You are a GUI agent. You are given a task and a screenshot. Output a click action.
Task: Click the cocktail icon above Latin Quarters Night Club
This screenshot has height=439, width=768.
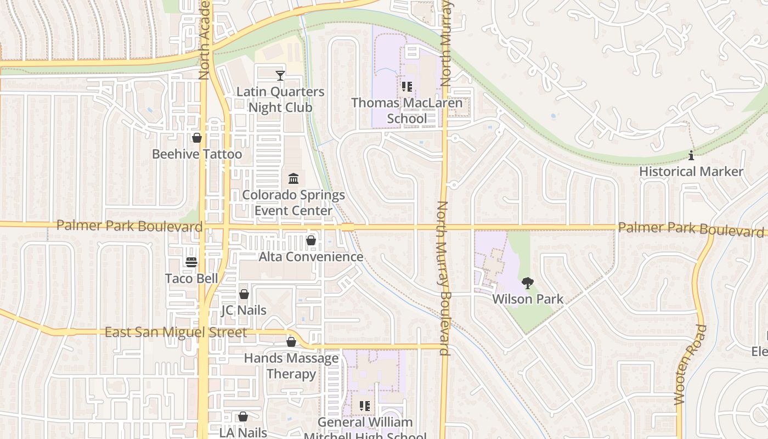coord(280,75)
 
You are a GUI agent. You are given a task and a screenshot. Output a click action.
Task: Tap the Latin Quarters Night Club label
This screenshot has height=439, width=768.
coord(280,100)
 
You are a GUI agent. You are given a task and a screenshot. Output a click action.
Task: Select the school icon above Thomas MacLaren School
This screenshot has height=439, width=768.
coord(406,86)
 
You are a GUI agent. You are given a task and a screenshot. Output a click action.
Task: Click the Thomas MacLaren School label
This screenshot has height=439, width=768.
coord(406,111)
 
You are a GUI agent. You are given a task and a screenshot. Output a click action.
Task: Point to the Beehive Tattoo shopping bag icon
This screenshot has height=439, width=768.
coord(196,138)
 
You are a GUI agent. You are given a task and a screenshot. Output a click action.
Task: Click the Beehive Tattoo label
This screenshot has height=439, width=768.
coord(196,154)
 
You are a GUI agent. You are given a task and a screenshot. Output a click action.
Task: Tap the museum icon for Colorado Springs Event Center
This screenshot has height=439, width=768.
coord(293,178)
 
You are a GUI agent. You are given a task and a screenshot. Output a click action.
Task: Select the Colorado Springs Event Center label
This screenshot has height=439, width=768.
coord(293,203)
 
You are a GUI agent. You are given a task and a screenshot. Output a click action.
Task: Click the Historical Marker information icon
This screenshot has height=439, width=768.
coord(691,155)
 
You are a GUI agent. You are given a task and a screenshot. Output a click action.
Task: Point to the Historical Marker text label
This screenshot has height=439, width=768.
coord(691,172)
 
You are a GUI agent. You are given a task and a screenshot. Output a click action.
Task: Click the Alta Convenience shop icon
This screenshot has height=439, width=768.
coord(311,240)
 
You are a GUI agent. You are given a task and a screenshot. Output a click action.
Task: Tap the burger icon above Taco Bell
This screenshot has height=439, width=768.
coord(191,262)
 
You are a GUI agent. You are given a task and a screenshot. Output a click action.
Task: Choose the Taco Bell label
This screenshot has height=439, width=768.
coord(191,279)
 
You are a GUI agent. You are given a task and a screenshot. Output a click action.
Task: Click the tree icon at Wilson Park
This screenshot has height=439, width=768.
coord(527,283)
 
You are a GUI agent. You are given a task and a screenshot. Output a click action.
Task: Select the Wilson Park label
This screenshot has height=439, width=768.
coord(527,300)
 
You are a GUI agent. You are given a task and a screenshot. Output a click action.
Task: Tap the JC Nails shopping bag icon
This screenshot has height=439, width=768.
coord(244,294)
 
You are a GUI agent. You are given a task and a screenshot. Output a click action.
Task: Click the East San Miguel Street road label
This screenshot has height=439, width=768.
coord(176,333)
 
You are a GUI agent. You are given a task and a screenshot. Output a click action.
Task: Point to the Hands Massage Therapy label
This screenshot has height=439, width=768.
coord(291,366)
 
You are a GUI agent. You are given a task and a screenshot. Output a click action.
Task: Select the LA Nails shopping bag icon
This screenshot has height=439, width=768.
coord(242,417)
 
